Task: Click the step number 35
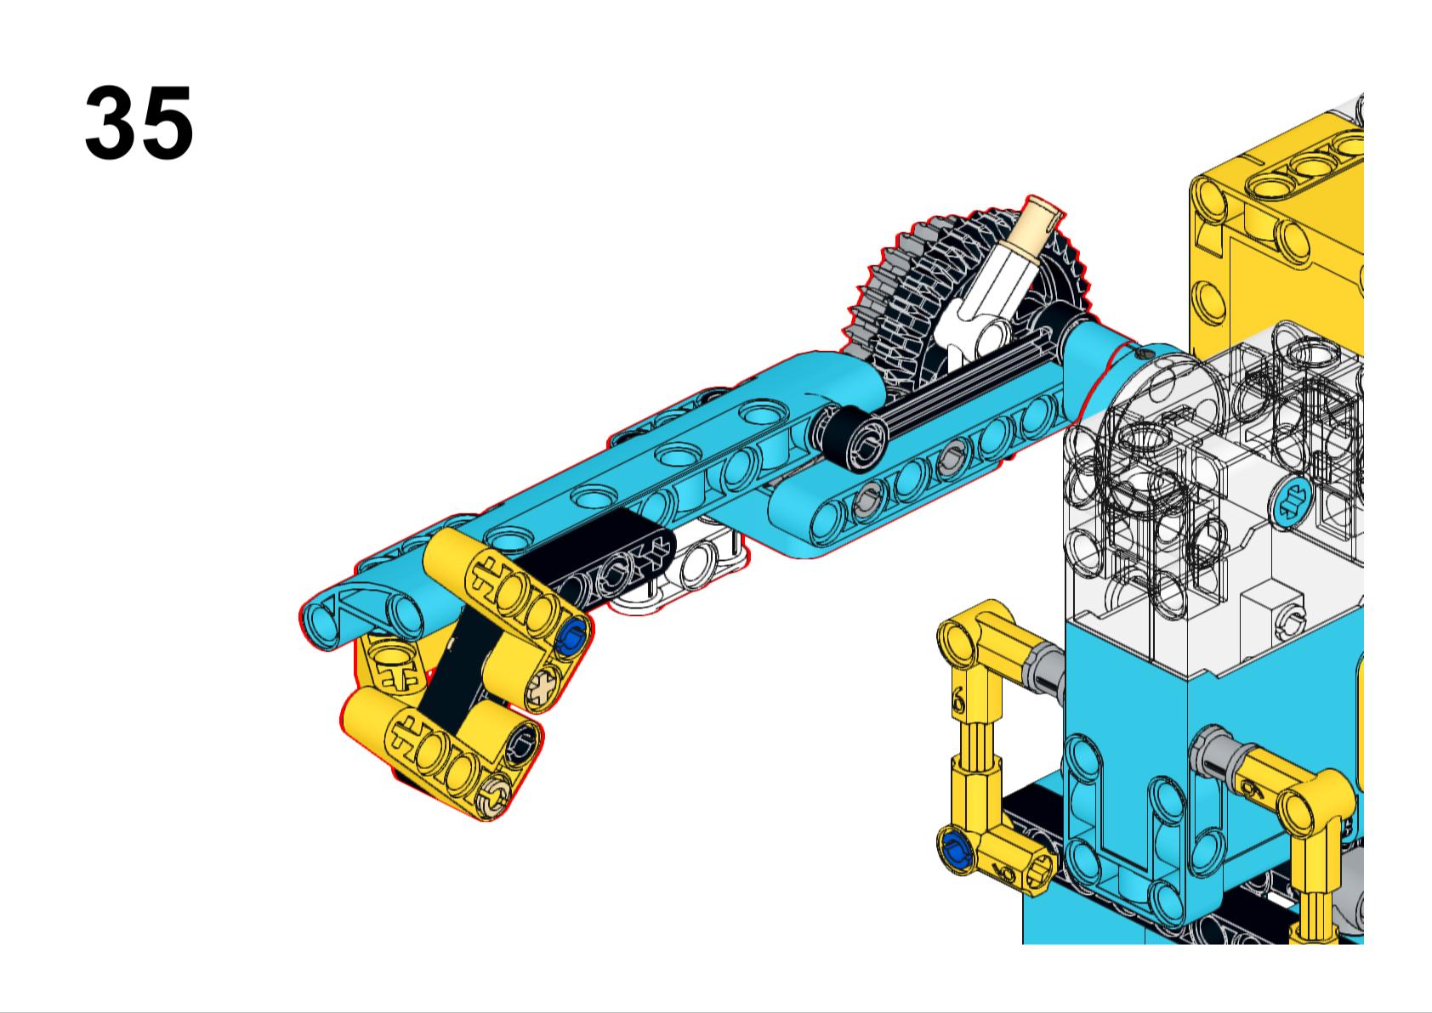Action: tap(139, 122)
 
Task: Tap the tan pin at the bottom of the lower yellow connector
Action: tap(496, 796)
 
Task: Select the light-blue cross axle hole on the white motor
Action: tap(1296, 501)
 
